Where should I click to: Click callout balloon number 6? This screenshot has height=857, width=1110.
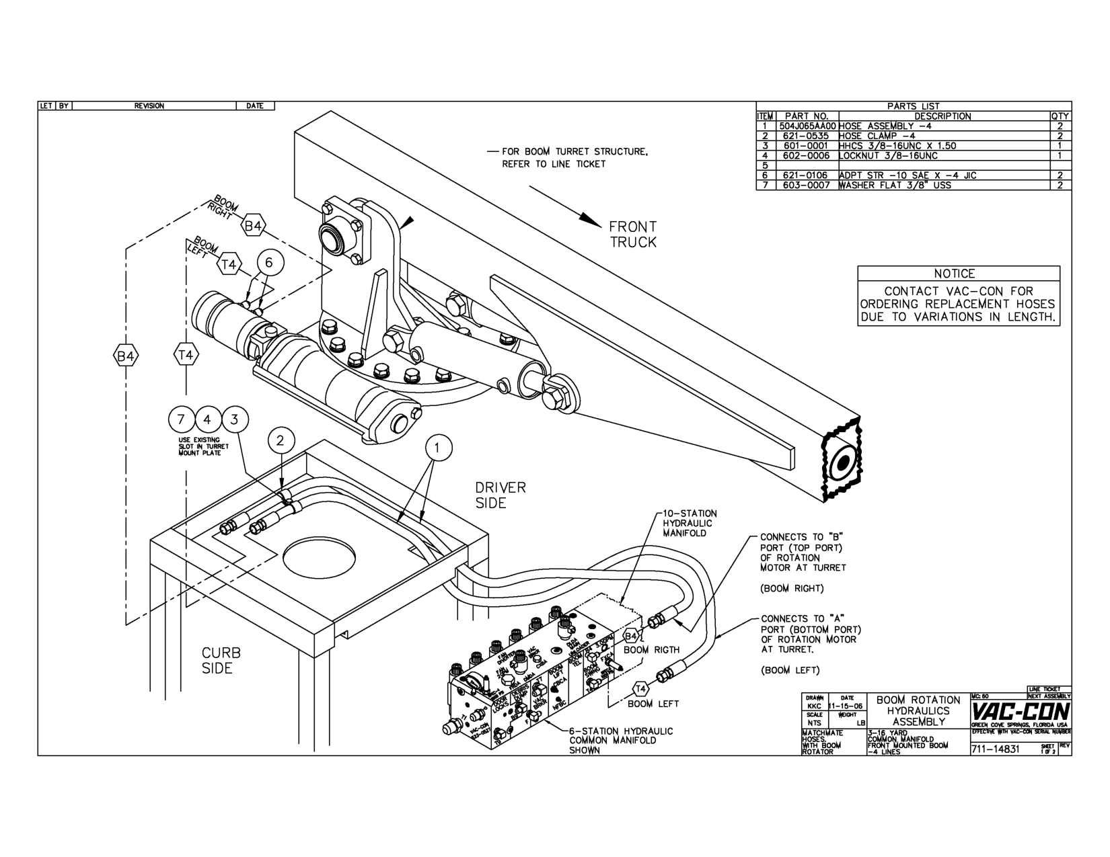pyautogui.click(x=269, y=263)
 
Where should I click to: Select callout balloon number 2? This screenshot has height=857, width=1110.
pyautogui.click(x=281, y=441)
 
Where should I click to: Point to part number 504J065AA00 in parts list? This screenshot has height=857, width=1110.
pyautogui.click(x=807, y=126)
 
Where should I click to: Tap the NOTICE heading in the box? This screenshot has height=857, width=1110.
pyautogui.click(x=954, y=274)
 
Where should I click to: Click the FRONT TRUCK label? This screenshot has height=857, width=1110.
pyautogui.click(x=633, y=235)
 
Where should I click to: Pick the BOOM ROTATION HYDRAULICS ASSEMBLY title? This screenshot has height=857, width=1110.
pyautogui.click(x=918, y=710)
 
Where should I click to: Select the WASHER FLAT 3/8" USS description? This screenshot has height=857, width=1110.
pyautogui.click(x=895, y=185)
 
